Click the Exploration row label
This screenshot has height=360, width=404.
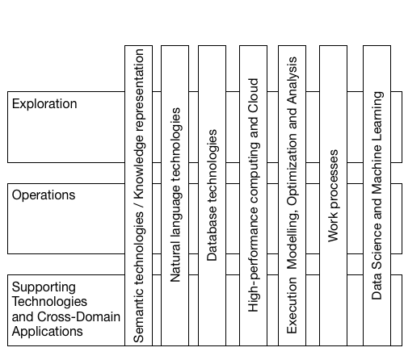[x=44, y=104]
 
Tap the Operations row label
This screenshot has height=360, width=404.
[x=44, y=195]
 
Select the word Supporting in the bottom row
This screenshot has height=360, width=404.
[x=44, y=287]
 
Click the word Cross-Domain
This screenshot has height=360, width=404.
[x=78, y=316]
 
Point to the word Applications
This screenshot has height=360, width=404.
[x=47, y=332]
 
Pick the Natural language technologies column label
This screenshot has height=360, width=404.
[x=175, y=195]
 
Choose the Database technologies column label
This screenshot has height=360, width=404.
[x=212, y=195]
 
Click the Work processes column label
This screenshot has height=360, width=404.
[x=334, y=195]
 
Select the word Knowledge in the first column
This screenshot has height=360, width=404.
[x=139, y=166]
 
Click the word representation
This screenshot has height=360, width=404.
[x=139, y=90]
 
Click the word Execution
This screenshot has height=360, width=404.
[x=292, y=305]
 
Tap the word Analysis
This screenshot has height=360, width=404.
[x=292, y=81]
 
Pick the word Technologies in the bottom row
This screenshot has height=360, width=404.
[x=49, y=302]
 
